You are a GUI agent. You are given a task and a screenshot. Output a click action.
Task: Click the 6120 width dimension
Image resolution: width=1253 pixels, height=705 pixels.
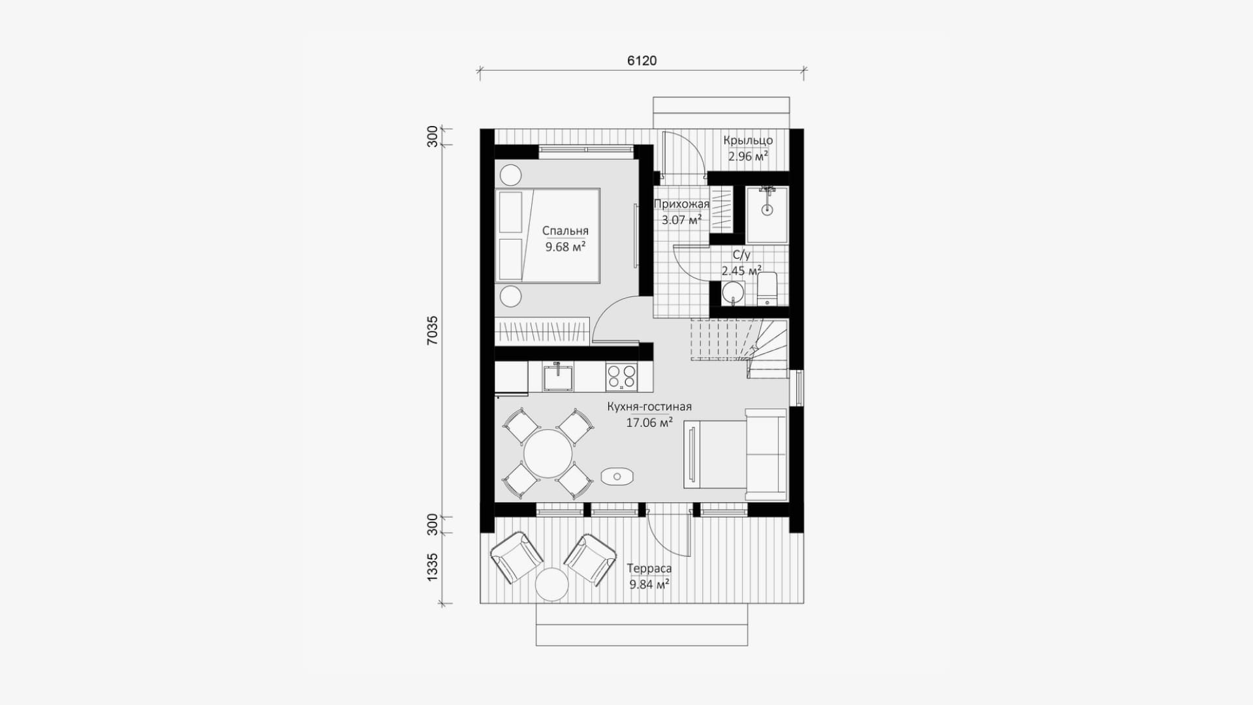tap(642, 61)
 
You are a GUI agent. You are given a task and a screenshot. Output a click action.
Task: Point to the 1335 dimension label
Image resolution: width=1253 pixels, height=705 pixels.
tap(433, 567)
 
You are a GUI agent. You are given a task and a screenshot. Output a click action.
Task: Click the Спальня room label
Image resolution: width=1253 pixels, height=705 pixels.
tap(565, 230)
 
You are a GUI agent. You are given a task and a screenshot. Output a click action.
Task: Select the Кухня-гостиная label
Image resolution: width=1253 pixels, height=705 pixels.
tap(649, 406)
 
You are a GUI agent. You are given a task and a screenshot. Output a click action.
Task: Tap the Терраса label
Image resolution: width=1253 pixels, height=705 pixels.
tap(649, 569)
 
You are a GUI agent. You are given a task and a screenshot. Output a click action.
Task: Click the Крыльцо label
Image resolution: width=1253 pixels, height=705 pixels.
tap(748, 140)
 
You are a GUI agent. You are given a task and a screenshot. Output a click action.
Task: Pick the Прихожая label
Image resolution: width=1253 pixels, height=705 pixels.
tap(681, 204)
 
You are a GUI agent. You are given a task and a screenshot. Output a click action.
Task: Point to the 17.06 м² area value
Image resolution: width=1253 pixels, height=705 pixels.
tap(649, 422)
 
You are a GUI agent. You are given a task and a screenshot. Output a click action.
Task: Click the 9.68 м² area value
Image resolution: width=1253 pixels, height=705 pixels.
tap(565, 247)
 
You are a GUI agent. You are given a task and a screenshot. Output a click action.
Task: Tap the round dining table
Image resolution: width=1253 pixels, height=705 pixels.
tap(548, 453)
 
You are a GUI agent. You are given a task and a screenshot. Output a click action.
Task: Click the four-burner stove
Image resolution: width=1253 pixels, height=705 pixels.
tap(621, 377)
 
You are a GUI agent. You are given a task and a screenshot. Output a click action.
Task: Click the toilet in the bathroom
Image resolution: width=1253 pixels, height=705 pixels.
tap(767, 289)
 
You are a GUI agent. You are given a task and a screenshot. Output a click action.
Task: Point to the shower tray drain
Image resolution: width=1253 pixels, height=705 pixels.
tap(767, 210)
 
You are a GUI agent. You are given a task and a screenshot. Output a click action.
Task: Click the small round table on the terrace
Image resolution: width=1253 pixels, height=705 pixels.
tap(552, 584)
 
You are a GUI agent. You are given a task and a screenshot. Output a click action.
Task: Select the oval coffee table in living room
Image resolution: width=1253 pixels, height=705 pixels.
tap(617, 477)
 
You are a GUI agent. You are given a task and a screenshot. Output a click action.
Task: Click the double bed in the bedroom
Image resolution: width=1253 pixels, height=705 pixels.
tap(548, 236)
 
